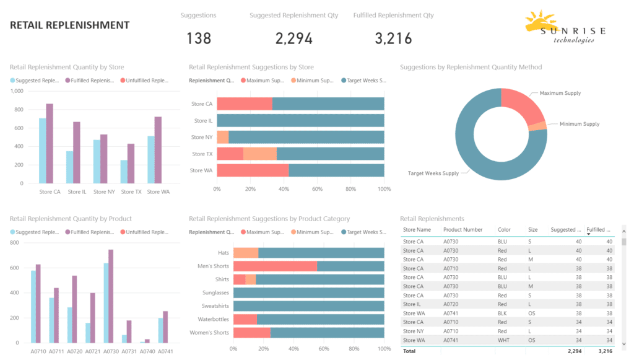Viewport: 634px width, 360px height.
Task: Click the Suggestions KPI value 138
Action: [x=199, y=38]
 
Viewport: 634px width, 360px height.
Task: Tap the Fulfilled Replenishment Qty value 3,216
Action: [x=393, y=38]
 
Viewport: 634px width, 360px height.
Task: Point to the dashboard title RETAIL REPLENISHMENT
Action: [x=70, y=25]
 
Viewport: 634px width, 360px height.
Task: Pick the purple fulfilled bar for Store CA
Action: [x=50, y=143]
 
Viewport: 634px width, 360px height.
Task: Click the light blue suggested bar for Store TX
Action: [x=124, y=172]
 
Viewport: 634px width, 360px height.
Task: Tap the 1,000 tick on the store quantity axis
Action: [x=17, y=91]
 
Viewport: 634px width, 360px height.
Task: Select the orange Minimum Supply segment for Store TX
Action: [x=260, y=154]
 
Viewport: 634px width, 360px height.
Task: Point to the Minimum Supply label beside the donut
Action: [x=580, y=124]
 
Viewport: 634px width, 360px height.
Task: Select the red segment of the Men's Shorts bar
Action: [x=275, y=266]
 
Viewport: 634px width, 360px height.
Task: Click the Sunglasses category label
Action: [x=215, y=292]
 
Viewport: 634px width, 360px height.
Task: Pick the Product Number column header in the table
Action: [x=462, y=230]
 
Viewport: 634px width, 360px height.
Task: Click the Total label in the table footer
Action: [x=410, y=351]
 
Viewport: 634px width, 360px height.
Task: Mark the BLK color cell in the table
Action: [x=503, y=314]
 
